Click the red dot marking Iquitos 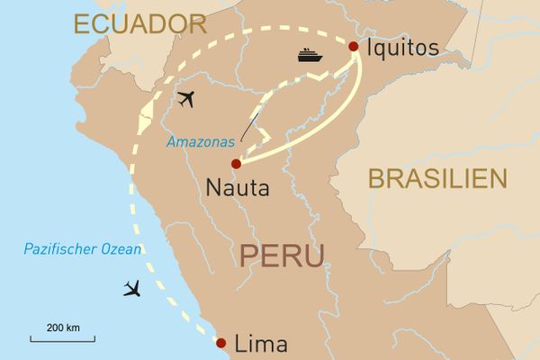353,46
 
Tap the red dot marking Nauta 236,164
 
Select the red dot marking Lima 220,342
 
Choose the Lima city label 260,344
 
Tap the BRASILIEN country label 437,178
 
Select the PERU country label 282,255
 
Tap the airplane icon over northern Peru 186,99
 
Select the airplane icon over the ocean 133,289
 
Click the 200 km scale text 62,325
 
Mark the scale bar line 62,338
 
